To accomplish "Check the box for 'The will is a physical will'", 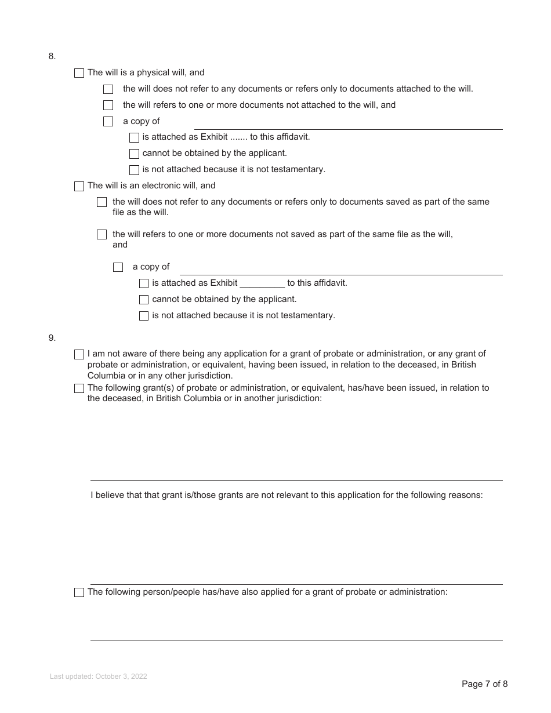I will pyautogui.click(x=79, y=73).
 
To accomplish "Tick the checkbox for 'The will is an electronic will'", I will pyautogui.click(x=79, y=186).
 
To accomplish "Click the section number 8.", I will pyautogui.click(x=52, y=56).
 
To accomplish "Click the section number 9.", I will pyautogui.click(x=52, y=337).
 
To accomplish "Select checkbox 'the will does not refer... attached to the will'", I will pyautogui.click(x=108, y=89).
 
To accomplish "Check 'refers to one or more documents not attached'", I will pyautogui.click(x=108, y=106).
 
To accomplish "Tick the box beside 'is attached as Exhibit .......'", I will pyautogui.click(x=134, y=137).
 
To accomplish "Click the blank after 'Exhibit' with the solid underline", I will pyautogui.click(x=262, y=283).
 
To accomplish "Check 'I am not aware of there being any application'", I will pyautogui.click(x=79, y=354).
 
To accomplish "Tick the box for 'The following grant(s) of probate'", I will pyautogui.click(x=79, y=388).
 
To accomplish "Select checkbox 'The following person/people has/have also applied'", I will pyautogui.click(x=79, y=592).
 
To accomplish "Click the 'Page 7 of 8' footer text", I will pyautogui.click(x=484, y=684).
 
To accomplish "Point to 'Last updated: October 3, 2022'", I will pyautogui.click(x=99, y=676).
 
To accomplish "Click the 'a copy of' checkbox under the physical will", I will pyautogui.click(x=108, y=122).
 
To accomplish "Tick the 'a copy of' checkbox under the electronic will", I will pyautogui.click(x=118, y=267).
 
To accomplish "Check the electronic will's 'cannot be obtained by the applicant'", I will pyautogui.click(x=144, y=300).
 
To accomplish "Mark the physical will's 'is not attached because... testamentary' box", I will pyautogui.click(x=134, y=170).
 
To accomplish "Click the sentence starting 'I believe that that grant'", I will pyautogui.click(x=287, y=496).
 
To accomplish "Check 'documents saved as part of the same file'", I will pyautogui.click(x=102, y=202).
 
